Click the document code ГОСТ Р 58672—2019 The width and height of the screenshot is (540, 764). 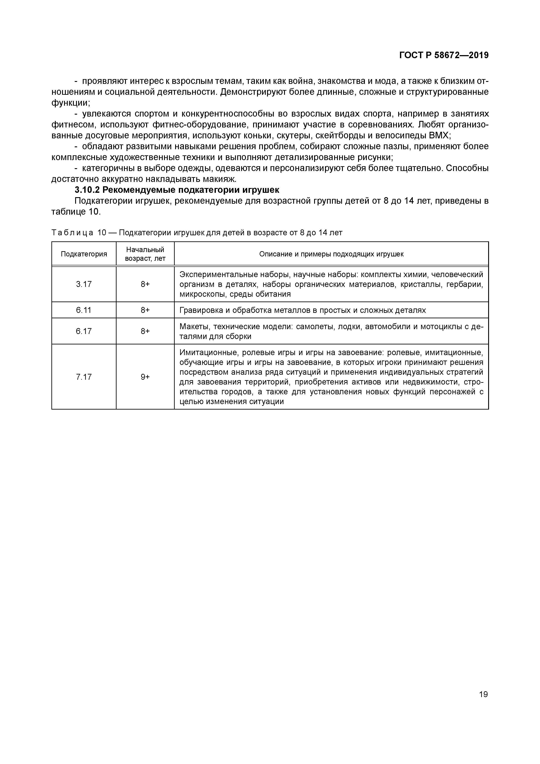click(444, 55)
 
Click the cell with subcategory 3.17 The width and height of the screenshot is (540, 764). click(84, 284)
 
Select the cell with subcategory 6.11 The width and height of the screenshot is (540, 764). click(84, 310)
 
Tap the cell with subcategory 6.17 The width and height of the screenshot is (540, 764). click(84, 331)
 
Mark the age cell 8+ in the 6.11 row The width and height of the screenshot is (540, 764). click(145, 310)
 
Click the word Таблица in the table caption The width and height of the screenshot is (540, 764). click(72, 233)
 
